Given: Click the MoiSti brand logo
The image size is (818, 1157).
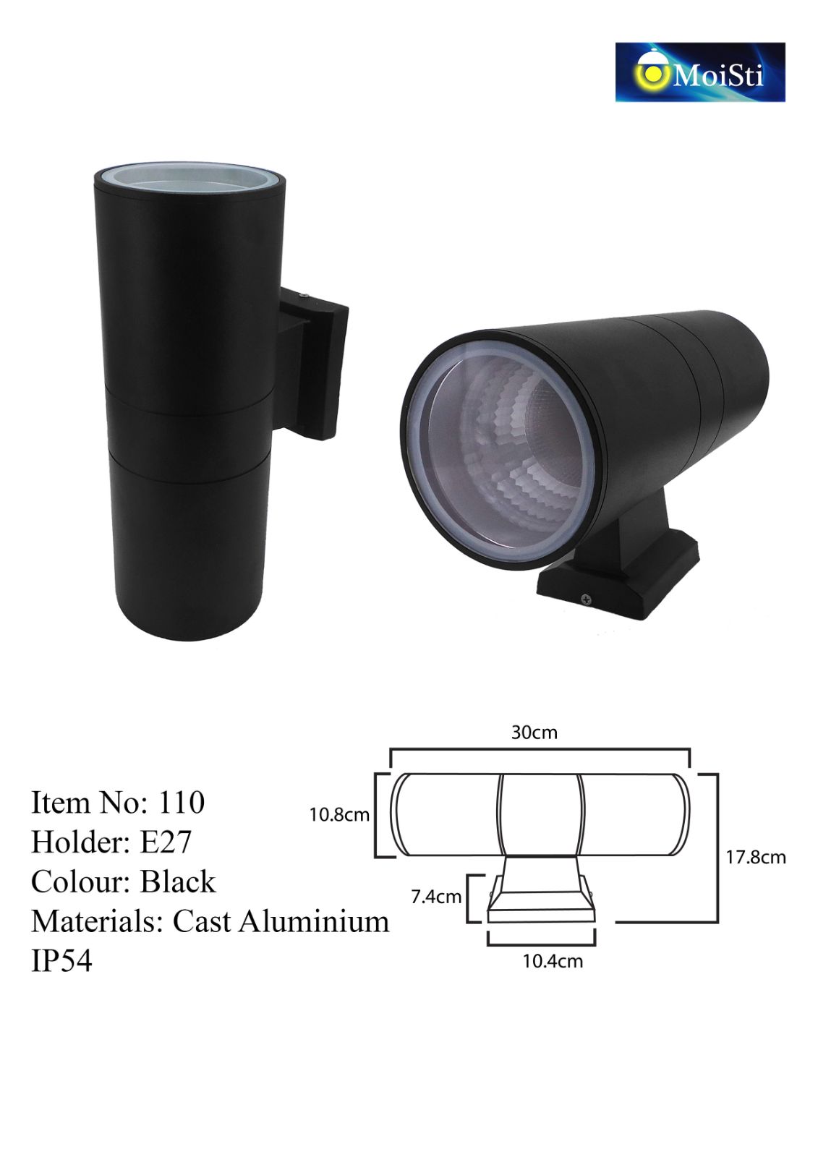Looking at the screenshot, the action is (x=699, y=72).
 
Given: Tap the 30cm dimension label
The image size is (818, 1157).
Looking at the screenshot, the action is (x=534, y=733).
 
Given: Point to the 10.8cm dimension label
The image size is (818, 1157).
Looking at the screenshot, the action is (x=339, y=814).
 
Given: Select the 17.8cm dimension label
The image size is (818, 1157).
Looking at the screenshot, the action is (x=756, y=858).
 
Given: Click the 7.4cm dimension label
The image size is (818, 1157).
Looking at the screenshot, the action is (x=436, y=897).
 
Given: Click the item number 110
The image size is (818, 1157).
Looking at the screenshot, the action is (x=182, y=803).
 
